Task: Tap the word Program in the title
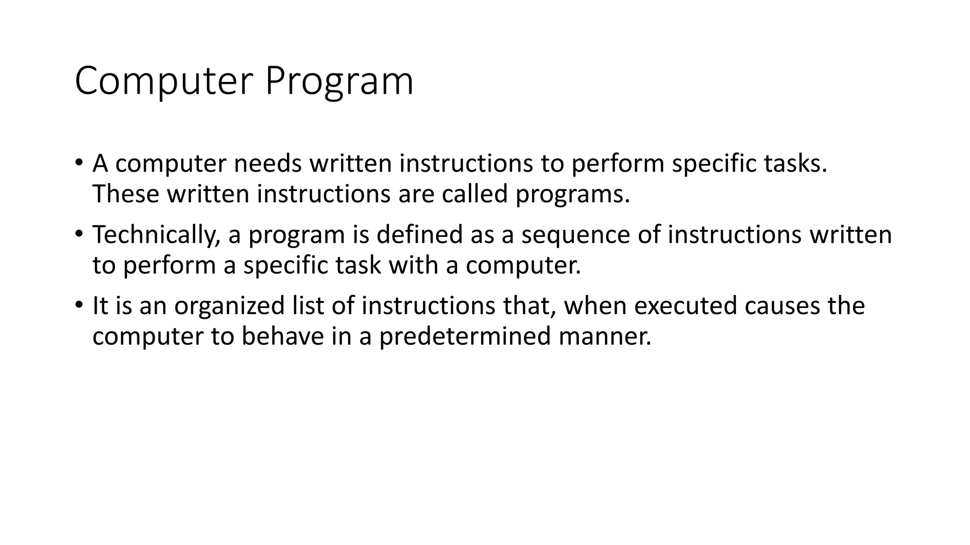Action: coord(339,81)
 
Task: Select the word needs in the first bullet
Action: coord(267,164)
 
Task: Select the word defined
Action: coord(419,235)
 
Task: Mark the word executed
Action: coord(685,306)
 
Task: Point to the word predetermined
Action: coord(465,336)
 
